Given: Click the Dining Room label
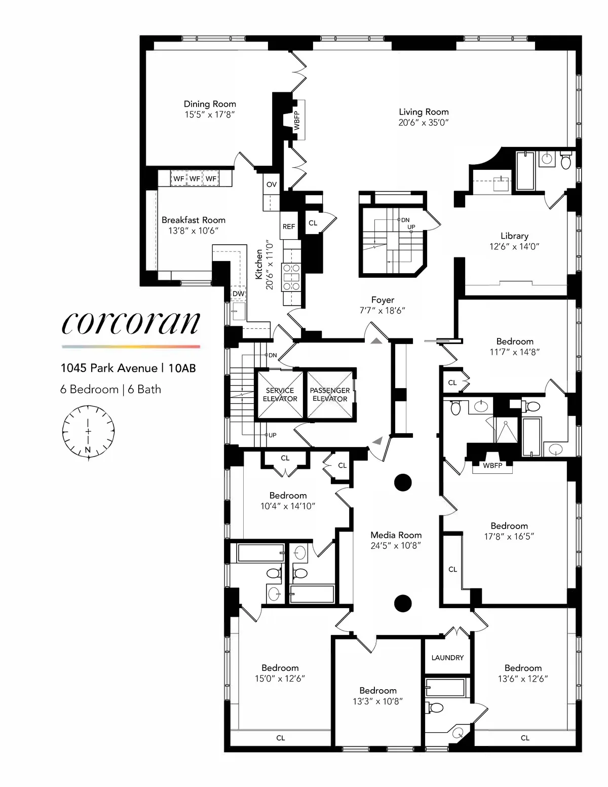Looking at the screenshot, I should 210,104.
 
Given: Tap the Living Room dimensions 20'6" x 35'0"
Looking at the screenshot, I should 424,123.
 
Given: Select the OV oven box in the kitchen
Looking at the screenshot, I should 272,184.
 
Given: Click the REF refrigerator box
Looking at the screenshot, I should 289,227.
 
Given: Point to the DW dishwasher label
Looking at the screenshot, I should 238,294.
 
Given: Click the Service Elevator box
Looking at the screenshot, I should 280,394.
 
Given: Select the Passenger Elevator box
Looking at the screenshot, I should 330,394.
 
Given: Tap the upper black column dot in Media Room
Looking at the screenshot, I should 403,482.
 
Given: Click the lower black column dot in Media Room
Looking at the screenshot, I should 403,603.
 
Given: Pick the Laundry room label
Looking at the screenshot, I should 447,657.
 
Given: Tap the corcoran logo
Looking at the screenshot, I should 131,323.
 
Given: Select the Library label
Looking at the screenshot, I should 514,236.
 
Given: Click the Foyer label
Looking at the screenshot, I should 383,300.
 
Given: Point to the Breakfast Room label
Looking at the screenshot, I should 194,220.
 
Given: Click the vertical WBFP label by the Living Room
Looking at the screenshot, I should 297,121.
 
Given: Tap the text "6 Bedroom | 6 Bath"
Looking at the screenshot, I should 110,389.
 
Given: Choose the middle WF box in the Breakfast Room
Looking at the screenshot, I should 195,178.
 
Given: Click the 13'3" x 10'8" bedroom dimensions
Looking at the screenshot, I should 378,701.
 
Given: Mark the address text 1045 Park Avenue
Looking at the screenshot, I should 109,368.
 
